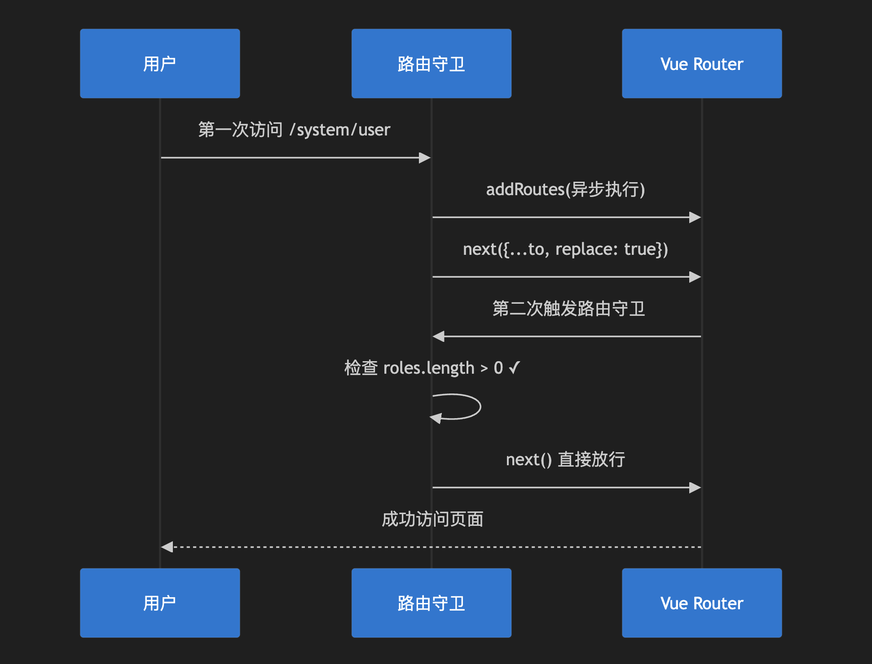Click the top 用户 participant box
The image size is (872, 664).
pos(160,64)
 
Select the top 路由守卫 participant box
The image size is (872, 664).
pos(431,64)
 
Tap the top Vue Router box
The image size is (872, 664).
pos(702,64)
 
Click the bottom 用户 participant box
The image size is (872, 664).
pos(160,603)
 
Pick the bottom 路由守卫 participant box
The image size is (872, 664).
pos(431,603)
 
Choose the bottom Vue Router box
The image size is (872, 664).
pos(702,603)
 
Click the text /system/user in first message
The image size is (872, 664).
pos(340,130)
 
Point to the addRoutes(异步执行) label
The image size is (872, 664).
pos(565,189)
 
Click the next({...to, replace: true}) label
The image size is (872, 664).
pos(565,249)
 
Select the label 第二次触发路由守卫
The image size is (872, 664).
pos(568,309)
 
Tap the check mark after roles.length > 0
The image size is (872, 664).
pos(515,368)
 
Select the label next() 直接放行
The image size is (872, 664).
pos(565,459)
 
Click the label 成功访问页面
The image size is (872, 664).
pos(432,519)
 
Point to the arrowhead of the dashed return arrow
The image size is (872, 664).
pos(167,547)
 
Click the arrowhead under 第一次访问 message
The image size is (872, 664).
pos(425,157)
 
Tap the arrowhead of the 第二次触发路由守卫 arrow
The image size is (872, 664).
pos(438,336)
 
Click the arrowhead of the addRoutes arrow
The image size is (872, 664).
pos(695,217)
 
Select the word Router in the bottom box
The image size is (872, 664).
pos(718,603)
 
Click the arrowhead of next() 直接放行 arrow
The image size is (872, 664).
pos(695,487)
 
